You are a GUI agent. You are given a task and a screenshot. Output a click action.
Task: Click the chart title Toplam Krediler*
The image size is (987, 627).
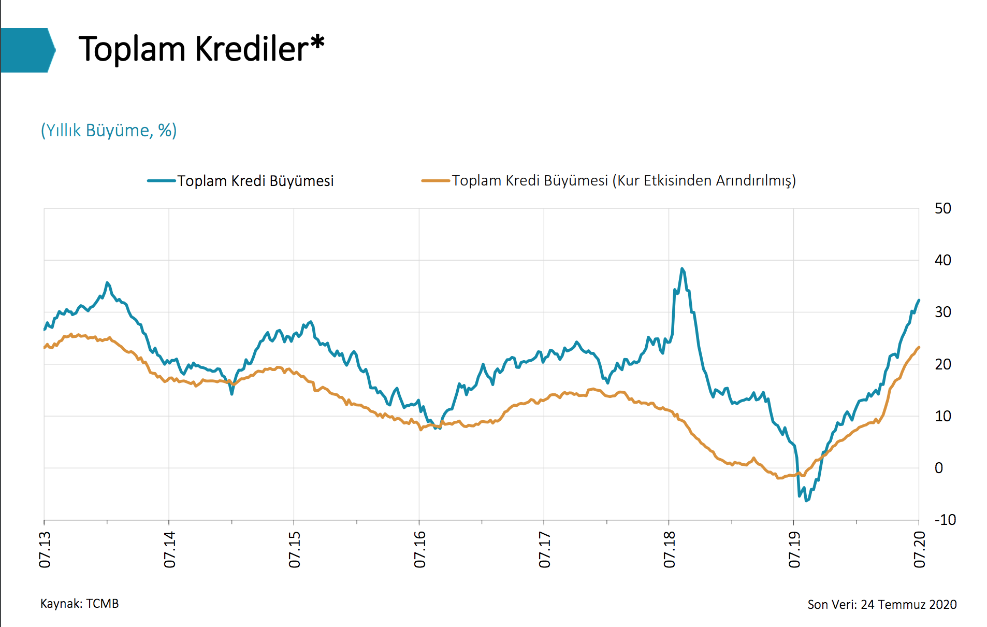point(201,49)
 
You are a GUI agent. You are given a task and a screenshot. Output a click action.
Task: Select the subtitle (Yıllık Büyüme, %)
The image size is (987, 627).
point(109,130)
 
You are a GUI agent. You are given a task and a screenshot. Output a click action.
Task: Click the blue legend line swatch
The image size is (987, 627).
point(161,181)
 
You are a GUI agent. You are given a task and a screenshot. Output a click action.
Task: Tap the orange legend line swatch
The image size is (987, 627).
point(435,181)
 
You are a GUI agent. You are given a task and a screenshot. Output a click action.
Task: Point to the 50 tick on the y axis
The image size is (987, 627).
point(942,208)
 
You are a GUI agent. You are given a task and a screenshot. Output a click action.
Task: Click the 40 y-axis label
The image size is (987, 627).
point(942,260)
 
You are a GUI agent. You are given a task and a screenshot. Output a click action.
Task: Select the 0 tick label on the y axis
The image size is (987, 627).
point(939,468)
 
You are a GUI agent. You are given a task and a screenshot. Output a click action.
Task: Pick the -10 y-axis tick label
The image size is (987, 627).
point(945,520)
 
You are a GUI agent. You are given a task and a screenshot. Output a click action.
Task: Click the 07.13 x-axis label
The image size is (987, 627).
point(45,549)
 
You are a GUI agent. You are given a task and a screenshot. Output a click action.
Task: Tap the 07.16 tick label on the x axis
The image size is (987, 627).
point(420,549)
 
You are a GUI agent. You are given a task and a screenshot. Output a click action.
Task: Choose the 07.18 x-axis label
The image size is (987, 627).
point(670,549)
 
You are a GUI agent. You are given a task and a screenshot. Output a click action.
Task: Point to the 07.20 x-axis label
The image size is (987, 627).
point(920,549)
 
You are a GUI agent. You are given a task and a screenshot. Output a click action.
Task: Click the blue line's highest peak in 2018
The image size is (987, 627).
point(682,269)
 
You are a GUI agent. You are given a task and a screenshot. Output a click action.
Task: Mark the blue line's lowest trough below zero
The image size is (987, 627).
point(806,501)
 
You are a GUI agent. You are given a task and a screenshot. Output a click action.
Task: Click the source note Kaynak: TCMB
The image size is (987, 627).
point(80,604)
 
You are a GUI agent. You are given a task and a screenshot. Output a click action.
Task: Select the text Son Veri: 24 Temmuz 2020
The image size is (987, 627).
point(882,605)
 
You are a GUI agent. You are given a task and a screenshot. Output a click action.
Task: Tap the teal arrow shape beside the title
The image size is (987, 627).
point(27,50)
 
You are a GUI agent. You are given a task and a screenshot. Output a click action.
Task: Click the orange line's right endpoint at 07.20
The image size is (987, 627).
point(919,347)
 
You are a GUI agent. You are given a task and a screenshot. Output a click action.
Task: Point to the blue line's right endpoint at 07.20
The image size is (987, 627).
point(919,300)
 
